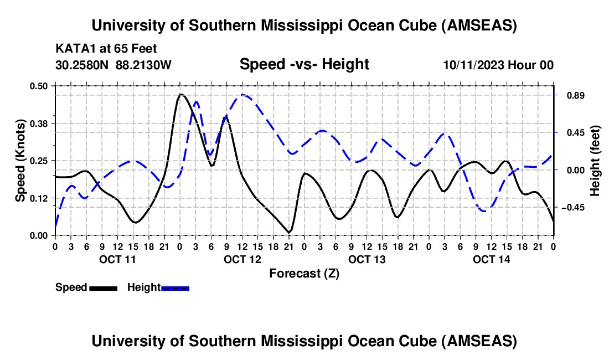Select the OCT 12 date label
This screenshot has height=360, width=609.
(242, 259)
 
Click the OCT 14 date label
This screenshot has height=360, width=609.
(492, 259)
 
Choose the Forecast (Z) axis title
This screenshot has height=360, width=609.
(304, 273)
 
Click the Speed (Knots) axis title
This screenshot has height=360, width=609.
(20, 161)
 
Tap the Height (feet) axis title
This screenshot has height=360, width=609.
(595, 161)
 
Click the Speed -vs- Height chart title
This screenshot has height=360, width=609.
(304, 65)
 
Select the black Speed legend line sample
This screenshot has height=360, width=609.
(103, 287)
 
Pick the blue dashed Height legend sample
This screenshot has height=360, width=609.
(176, 287)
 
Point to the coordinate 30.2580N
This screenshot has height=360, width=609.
(82, 65)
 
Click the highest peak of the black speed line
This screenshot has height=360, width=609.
(180, 95)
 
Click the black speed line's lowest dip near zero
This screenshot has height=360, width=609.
(289, 232)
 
